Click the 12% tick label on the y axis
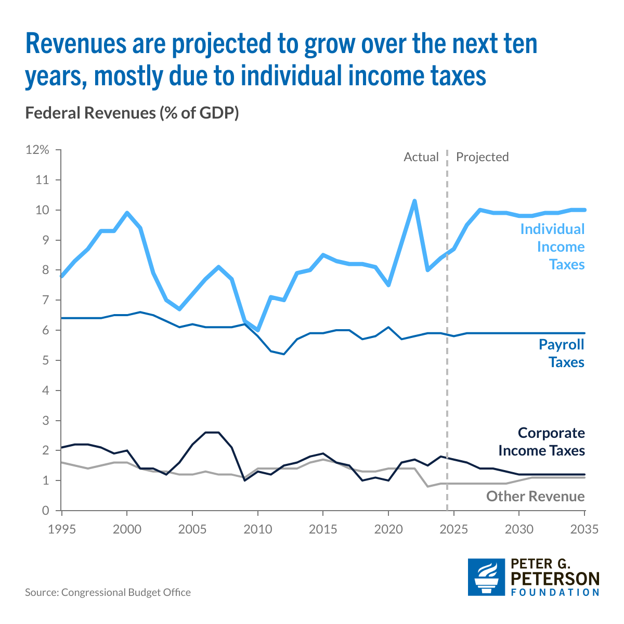[x=37, y=150]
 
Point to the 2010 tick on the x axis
[x=258, y=529]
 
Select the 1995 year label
[x=62, y=529]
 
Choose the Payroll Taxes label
[x=562, y=353]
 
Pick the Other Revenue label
[x=536, y=496]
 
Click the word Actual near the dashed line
[x=421, y=157]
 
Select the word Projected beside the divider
[x=482, y=157]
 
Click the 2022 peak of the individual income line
[x=414, y=201]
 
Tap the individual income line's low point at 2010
[x=258, y=330]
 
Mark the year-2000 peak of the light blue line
[x=127, y=213]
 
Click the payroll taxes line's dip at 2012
[x=284, y=354]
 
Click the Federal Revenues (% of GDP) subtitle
[x=132, y=113]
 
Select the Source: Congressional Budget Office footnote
[x=108, y=592]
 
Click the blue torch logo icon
[x=486, y=577]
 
